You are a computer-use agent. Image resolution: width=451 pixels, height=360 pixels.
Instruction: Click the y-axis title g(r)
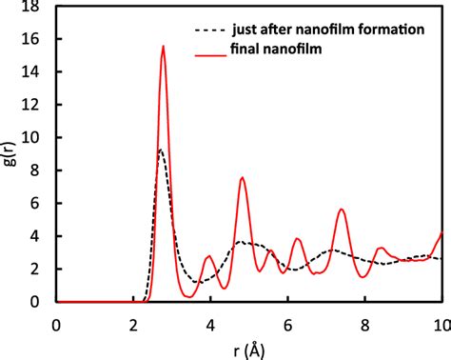click(x=11, y=153)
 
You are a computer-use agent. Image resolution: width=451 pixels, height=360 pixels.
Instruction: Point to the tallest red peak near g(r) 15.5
click(x=164, y=47)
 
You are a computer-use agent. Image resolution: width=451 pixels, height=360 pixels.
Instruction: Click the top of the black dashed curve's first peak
click(x=161, y=150)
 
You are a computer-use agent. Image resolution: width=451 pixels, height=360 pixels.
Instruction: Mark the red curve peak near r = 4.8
click(x=243, y=178)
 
